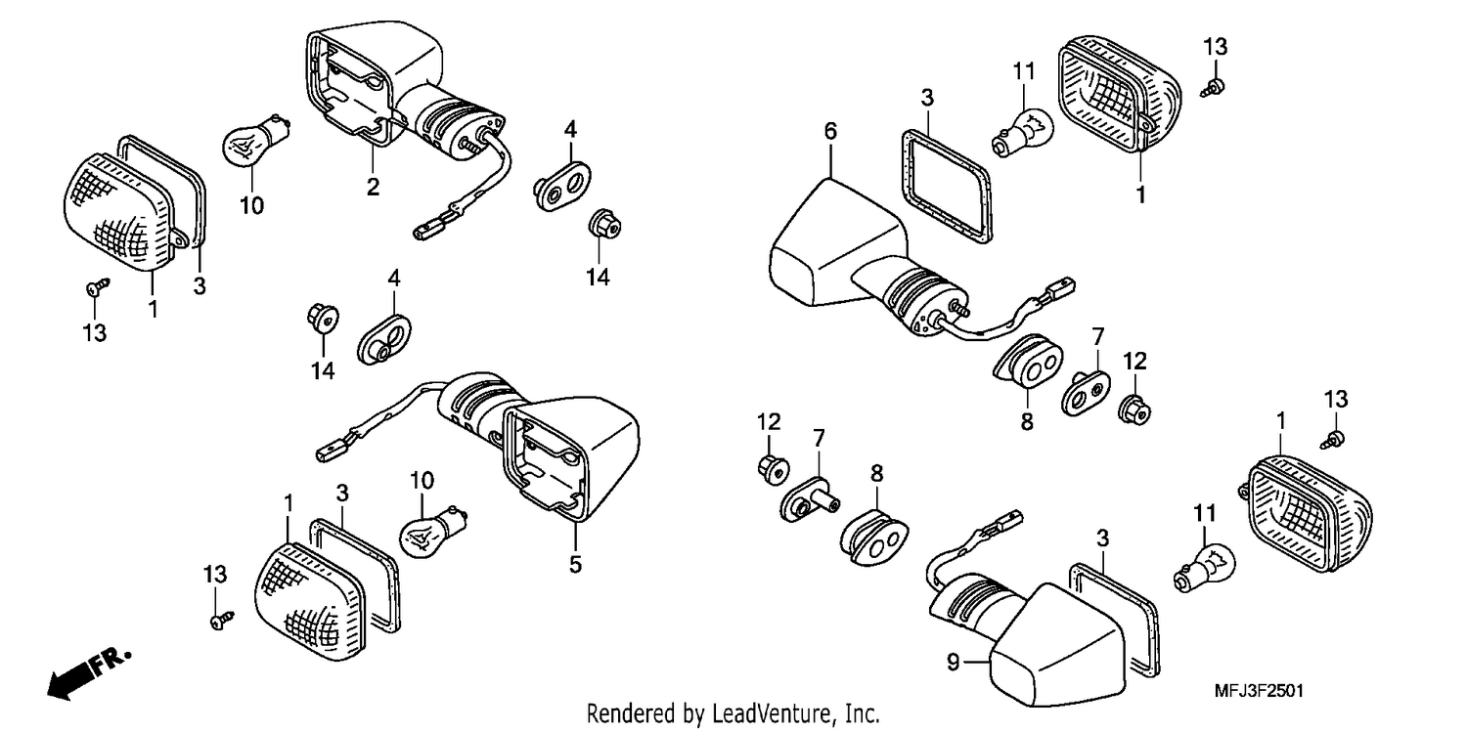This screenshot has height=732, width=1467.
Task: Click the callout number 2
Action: [x=373, y=187]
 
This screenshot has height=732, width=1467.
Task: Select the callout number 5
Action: [x=575, y=565]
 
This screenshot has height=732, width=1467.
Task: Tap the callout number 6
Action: [x=830, y=132]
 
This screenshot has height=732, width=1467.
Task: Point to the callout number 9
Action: [x=953, y=663]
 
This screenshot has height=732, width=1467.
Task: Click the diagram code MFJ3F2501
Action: [x=1259, y=691]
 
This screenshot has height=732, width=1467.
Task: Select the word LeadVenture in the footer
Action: [x=764, y=712]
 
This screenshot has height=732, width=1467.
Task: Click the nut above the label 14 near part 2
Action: [x=603, y=225]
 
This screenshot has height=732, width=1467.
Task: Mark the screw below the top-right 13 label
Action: [x=1214, y=88]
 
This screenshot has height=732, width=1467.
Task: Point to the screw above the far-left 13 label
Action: [x=98, y=286]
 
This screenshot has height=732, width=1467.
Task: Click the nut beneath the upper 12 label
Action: [x=1134, y=409]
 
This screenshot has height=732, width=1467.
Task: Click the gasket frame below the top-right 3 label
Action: [x=946, y=187]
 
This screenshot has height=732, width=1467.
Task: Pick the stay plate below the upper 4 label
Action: [x=562, y=187]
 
